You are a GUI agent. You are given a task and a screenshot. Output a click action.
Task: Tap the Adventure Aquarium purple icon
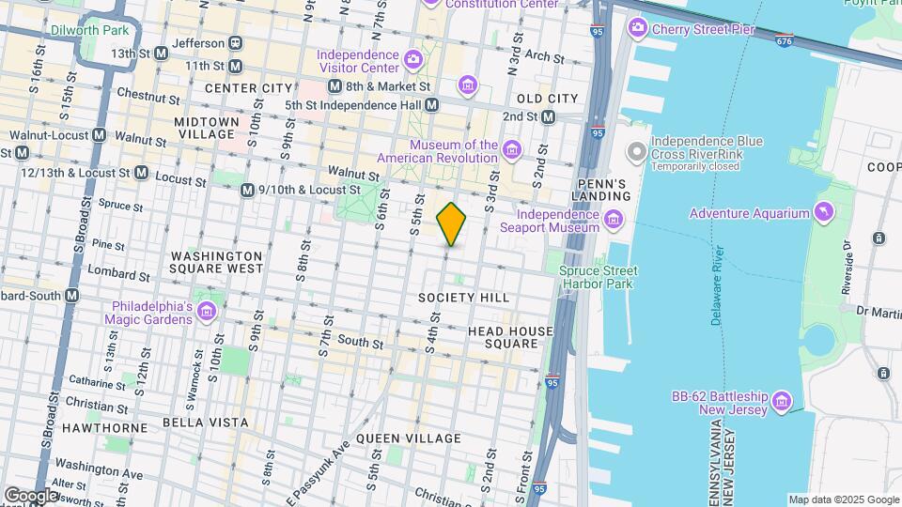tap(824, 212)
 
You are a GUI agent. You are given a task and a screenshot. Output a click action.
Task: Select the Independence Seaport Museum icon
tap(613, 221)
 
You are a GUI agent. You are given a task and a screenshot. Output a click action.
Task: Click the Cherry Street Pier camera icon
tap(638, 29)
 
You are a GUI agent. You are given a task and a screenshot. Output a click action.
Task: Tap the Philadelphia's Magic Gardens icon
tap(207, 312)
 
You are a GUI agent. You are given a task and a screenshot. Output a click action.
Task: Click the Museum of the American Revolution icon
tap(511, 150)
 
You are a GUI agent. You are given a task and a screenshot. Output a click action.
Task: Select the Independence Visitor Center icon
tap(412, 62)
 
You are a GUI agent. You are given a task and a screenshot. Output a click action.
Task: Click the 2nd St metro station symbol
tap(549, 116)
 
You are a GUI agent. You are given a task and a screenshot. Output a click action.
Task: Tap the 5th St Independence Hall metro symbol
tap(431, 105)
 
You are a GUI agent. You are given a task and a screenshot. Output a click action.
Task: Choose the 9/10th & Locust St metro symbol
tap(247, 190)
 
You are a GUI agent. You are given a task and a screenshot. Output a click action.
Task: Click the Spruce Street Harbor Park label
tap(598, 277)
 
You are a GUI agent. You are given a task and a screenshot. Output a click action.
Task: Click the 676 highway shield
tap(785, 40)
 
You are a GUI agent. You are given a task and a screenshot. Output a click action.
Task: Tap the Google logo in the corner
tap(32, 495)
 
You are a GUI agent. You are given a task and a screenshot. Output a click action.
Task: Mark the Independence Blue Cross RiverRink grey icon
tap(636, 150)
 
